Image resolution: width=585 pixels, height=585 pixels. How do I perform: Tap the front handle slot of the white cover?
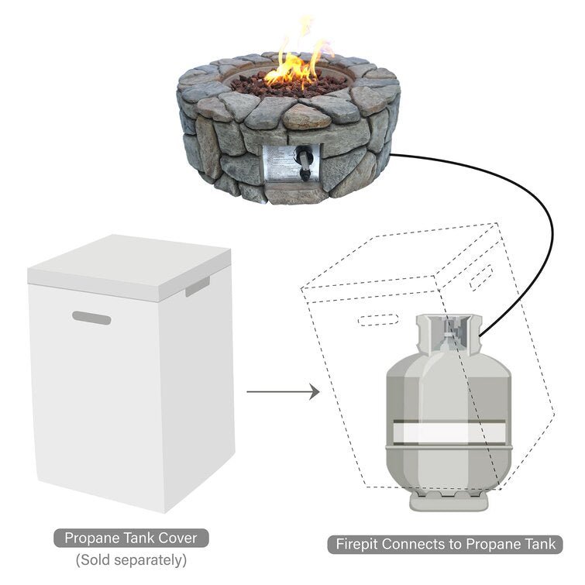click(91, 318)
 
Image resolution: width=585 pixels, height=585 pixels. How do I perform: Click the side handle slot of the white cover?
click(197, 286)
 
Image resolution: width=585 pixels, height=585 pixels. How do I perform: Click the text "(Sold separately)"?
click(130, 560)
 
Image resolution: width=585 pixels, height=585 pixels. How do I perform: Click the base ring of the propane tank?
click(449, 500)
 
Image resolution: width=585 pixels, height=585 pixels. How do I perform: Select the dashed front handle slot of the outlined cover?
click(379, 318)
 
